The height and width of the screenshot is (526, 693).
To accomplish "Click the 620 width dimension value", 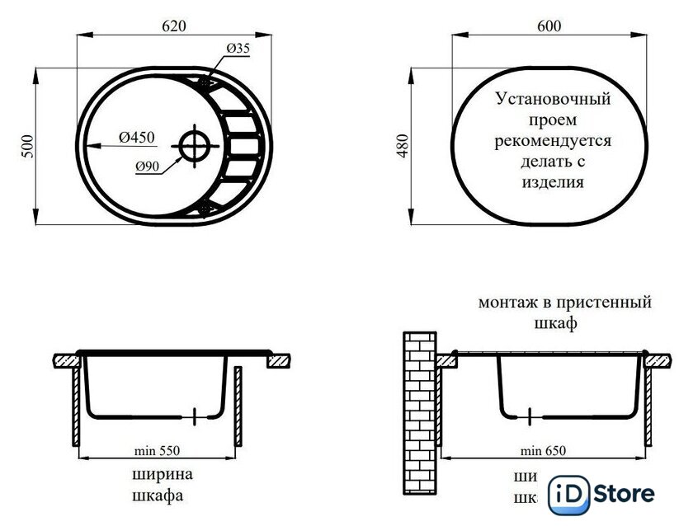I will (172, 26).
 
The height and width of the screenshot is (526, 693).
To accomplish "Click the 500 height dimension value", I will (28, 145).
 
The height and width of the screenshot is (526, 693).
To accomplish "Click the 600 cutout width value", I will (549, 26).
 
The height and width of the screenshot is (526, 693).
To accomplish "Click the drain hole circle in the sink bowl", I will (196, 145).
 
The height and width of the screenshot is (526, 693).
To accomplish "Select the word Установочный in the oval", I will (553, 99).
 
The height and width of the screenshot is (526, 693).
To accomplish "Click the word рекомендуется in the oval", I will (553, 141).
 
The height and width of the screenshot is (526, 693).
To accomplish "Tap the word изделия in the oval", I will (553, 183).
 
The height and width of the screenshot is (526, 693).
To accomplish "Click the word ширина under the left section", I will (162, 475).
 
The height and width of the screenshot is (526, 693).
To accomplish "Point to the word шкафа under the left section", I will (157, 496).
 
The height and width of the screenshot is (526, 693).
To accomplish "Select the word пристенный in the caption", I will (608, 303).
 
